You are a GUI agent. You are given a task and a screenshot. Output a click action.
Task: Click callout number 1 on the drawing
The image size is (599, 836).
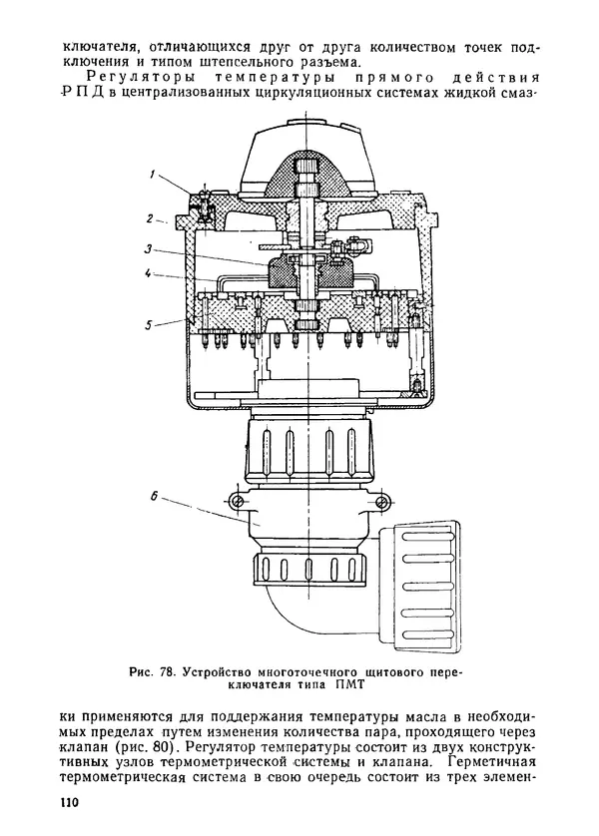152,175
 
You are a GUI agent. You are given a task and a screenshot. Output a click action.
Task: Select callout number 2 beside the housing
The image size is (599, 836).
151,218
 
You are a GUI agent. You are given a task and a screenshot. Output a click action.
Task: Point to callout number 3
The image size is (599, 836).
149,249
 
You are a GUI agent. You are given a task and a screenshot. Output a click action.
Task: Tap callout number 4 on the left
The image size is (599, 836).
149,273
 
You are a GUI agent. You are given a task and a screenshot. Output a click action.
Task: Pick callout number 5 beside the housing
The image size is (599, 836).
149,323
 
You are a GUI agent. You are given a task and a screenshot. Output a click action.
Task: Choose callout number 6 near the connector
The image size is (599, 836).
154,497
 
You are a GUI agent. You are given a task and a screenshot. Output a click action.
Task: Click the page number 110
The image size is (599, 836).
69,802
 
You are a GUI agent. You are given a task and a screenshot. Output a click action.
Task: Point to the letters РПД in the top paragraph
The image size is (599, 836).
80,92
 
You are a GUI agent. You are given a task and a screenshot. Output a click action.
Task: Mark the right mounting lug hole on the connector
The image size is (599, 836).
380,501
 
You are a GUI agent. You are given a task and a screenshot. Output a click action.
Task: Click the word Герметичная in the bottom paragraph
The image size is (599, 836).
492,761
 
